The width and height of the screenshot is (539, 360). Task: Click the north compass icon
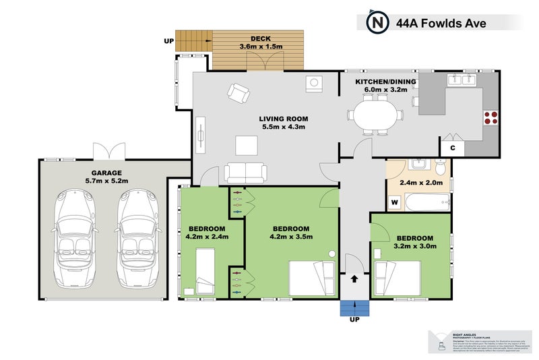[x=377, y=23]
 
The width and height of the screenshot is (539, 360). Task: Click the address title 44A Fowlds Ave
[x=441, y=24]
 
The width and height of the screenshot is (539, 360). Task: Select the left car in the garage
[x=76, y=237]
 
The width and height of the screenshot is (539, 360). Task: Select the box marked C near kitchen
[x=452, y=148]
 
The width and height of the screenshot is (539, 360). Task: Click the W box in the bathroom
[x=395, y=201]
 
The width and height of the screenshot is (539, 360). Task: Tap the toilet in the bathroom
[x=441, y=166]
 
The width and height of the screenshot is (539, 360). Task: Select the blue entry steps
[x=354, y=307]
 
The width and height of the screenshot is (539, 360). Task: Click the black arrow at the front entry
[x=354, y=278]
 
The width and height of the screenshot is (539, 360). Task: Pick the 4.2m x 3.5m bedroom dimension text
[x=290, y=237]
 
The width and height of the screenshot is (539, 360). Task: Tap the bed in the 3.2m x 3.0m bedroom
[x=398, y=278]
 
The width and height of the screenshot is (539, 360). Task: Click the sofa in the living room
[x=245, y=173]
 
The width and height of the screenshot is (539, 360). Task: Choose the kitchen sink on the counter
[x=463, y=80]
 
